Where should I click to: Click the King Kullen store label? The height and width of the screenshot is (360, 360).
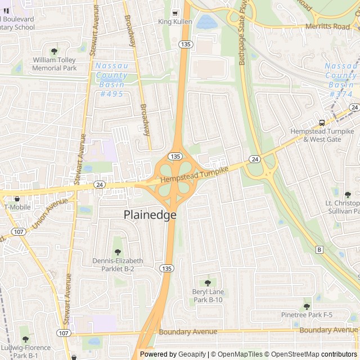click(x=175, y=22)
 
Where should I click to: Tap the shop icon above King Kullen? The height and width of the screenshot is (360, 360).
click(x=175, y=13)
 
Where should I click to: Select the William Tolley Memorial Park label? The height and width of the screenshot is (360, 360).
click(x=54, y=64)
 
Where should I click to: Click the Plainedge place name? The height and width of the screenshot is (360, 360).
click(x=150, y=215)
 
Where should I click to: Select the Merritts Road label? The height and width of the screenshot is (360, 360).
click(x=328, y=26)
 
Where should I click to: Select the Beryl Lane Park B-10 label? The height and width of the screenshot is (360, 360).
click(x=208, y=295)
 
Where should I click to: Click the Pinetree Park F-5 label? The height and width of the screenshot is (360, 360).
click(x=307, y=314)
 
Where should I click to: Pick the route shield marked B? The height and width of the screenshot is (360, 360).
click(x=320, y=249)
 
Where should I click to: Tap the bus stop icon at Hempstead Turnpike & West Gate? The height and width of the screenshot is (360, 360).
click(x=322, y=123)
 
